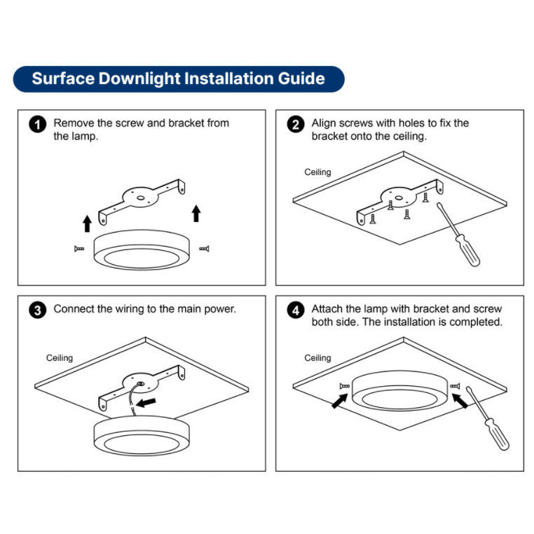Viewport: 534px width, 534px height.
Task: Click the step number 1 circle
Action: coord(37,124)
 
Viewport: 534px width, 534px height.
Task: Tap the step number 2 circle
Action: coord(296,124)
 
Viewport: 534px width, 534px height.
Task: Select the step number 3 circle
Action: coord(37,310)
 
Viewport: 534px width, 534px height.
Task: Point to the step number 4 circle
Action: coord(296,310)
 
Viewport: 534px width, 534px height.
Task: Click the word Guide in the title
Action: coord(301,78)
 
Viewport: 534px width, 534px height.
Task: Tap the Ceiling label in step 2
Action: coord(317,172)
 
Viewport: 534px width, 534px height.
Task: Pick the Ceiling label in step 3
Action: coord(60,358)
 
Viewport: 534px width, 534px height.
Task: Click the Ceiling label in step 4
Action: coord(317,358)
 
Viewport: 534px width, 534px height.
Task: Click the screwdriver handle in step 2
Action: coord(467,249)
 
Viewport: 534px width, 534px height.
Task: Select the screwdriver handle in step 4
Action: coord(497,434)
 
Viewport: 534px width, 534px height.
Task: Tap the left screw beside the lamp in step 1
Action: coord(79,249)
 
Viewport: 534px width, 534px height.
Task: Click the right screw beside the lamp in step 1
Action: coord(205,249)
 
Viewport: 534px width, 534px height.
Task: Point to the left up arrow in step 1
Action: coord(87,224)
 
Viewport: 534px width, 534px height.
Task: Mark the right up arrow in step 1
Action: coord(196,214)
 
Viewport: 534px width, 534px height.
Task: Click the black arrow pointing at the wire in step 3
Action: coord(146,402)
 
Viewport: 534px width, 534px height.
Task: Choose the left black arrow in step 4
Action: coord(340,401)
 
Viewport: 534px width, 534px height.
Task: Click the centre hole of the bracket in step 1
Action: coord(140,198)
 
